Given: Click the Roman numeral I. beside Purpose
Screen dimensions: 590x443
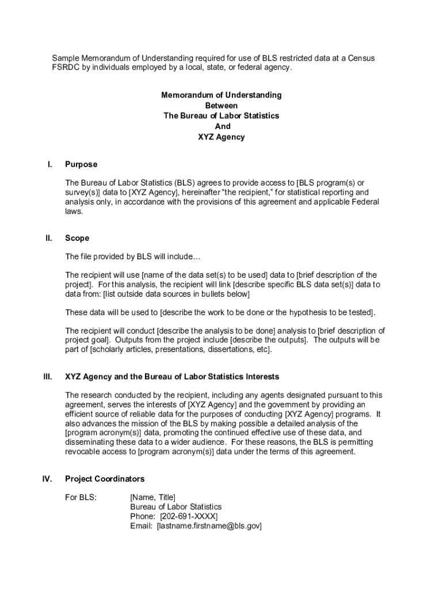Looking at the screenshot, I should pyautogui.click(x=50, y=164).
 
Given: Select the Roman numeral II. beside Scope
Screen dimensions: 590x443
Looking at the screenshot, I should pyautogui.click(x=49, y=238).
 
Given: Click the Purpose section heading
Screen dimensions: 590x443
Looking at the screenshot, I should pyautogui.click(x=81, y=164).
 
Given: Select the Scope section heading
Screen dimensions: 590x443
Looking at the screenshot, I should pyautogui.click(x=77, y=238).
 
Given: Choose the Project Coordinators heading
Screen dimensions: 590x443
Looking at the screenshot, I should pyautogui.click(x=105, y=479).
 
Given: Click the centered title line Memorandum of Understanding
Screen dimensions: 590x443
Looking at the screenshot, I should pyautogui.click(x=221, y=95).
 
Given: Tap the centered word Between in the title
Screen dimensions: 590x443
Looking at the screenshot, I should pyautogui.click(x=221, y=105).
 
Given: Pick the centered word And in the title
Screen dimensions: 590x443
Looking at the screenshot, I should pyautogui.click(x=222, y=126).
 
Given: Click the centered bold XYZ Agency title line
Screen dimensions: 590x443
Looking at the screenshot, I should pyautogui.click(x=221, y=137).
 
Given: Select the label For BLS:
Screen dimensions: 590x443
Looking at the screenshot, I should pyautogui.click(x=81, y=497).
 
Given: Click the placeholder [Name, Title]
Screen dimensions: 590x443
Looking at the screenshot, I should pyautogui.click(x=153, y=497).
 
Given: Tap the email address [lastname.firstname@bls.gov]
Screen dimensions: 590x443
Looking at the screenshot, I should pyautogui.click(x=209, y=526).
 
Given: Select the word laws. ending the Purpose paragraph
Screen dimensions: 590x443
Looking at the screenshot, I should pyautogui.click(x=74, y=211).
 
